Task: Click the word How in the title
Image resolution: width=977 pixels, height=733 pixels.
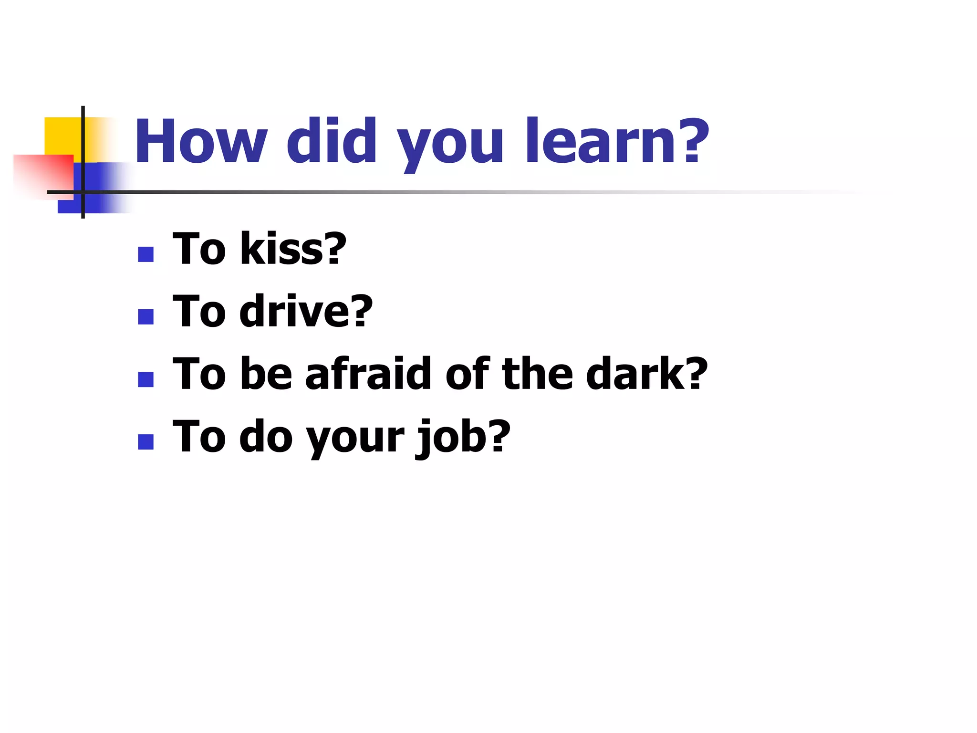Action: (x=201, y=142)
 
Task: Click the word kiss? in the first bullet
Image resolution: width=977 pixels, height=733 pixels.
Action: (x=292, y=249)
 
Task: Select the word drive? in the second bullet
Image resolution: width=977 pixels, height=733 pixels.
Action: (x=306, y=311)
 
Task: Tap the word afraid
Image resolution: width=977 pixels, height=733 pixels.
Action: (x=368, y=374)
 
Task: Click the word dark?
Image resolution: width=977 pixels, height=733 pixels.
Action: (x=646, y=374)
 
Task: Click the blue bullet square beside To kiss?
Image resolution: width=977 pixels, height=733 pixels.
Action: (x=146, y=254)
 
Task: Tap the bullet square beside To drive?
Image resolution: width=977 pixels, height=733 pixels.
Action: (x=146, y=317)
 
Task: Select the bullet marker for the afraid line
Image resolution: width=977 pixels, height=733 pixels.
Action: (x=146, y=379)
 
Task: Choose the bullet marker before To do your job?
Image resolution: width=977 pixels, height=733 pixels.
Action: (x=146, y=442)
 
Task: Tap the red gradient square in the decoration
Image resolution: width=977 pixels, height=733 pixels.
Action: (x=43, y=174)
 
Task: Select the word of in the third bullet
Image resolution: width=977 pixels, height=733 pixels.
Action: (x=467, y=374)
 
